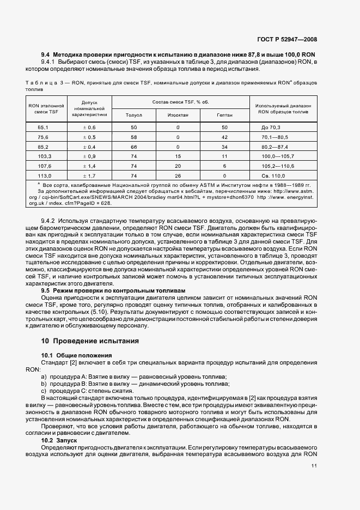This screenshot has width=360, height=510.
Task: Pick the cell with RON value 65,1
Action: pyautogui.click(x=44, y=127)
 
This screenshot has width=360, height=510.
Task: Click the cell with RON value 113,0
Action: pyautogui.click(x=44, y=176)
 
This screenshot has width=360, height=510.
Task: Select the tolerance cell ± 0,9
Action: pyautogui.click(x=89, y=156)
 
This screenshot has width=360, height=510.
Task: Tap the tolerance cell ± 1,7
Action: pyautogui.click(x=89, y=176)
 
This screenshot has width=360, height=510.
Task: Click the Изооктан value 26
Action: pyautogui.click(x=178, y=176)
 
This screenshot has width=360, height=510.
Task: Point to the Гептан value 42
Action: pyautogui.click(x=224, y=137)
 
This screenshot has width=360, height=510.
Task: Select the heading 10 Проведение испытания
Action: pyautogui.click(x=90, y=341)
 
